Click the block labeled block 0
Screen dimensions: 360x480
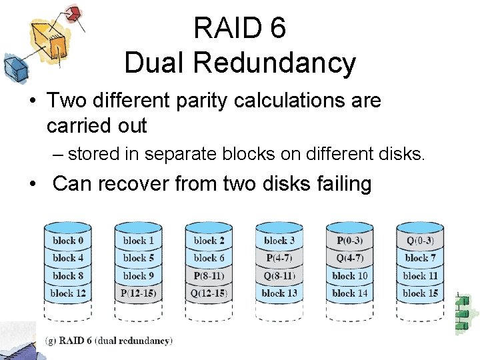(x=68, y=241)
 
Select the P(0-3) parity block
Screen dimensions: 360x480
(x=350, y=241)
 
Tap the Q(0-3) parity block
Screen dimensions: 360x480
(x=420, y=241)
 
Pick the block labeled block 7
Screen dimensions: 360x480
(x=420, y=258)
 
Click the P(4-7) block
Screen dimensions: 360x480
(x=279, y=258)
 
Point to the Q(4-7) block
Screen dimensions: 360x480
(x=350, y=258)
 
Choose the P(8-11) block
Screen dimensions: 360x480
(x=209, y=275)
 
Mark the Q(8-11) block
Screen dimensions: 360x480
(x=279, y=275)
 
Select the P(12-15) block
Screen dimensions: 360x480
(x=139, y=293)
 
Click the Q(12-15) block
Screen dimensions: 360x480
(x=209, y=293)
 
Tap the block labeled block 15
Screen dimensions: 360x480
(x=420, y=293)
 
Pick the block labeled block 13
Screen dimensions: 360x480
(x=279, y=293)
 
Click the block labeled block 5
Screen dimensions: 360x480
(x=139, y=258)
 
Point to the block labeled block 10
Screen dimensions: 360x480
(x=350, y=275)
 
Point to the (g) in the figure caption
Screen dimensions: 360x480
(x=50, y=341)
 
